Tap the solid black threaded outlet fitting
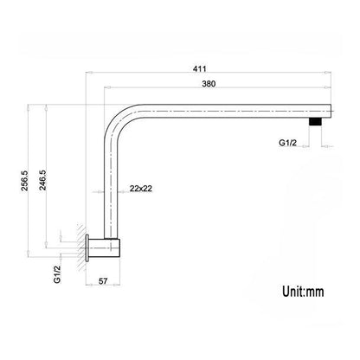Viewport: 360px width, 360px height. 315,123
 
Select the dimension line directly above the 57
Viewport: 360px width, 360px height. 103,272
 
